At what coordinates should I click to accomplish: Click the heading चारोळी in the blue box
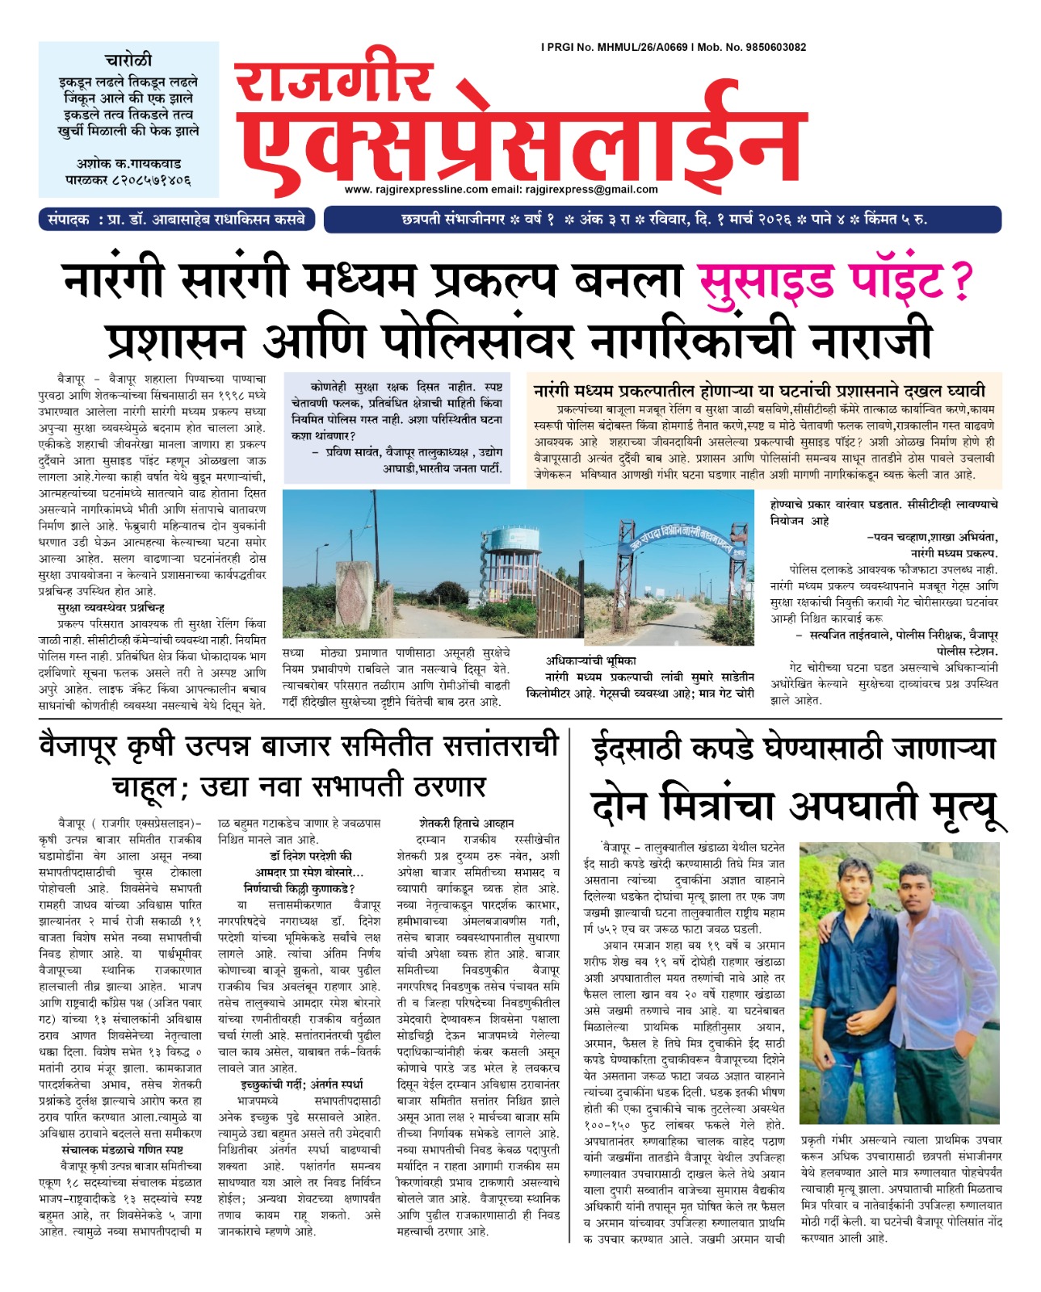[128, 61]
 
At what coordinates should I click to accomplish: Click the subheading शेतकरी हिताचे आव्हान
[466, 823]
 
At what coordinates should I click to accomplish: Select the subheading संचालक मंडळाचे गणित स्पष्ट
[121, 1149]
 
